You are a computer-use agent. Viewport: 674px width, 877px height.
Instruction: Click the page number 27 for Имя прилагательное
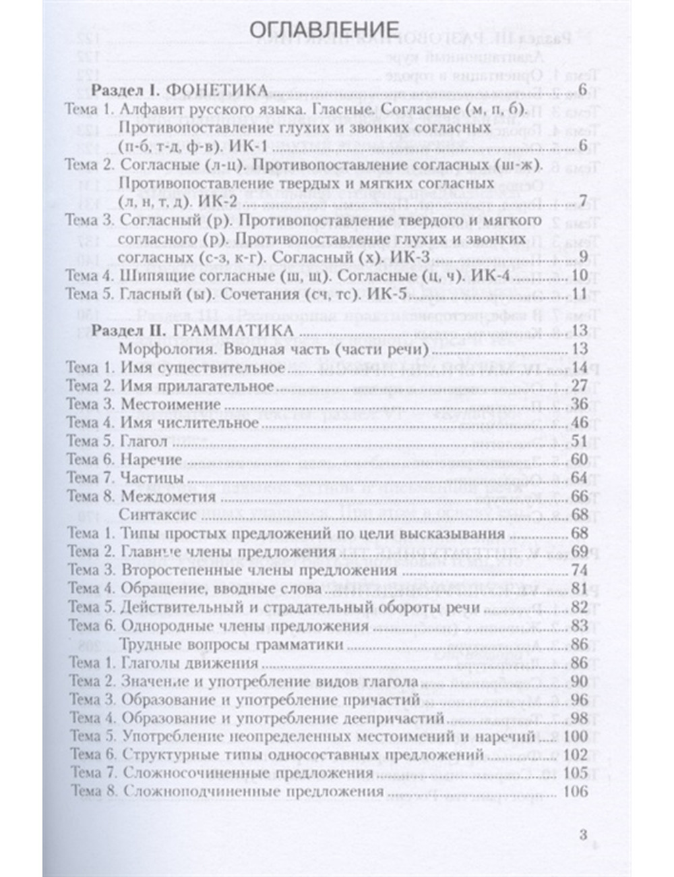click(579, 386)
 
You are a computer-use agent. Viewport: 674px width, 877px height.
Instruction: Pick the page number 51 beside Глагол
click(579, 441)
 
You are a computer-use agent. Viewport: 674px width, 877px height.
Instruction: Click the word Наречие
click(152, 459)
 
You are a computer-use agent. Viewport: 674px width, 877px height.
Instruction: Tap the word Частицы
click(153, 478)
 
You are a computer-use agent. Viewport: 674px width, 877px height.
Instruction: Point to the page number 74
click(579, 570)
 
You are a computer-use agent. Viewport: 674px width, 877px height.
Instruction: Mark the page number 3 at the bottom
click(584, 835)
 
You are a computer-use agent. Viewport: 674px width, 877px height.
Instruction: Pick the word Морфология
click(159, 349)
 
